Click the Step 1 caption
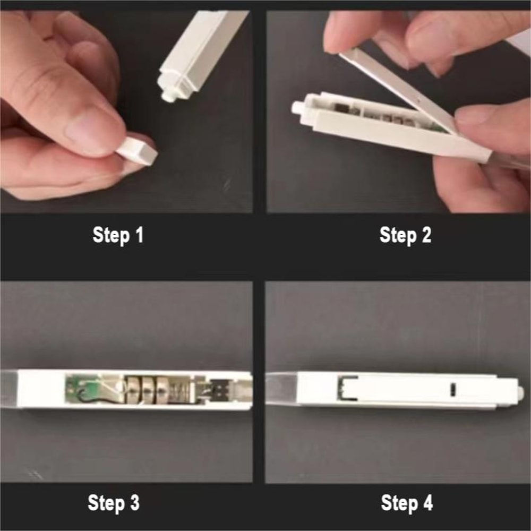[x=118, y=235]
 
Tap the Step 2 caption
[x=405, y=235]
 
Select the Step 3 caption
[x=114, y=502]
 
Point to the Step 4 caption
[x=407, y=502]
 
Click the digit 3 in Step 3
[x=134, y=502]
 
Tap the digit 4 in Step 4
[x=427, y=502]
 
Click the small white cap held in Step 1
[x=138, y=151]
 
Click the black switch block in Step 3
[x=219, y=390]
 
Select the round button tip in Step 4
[x=521, y=393]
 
